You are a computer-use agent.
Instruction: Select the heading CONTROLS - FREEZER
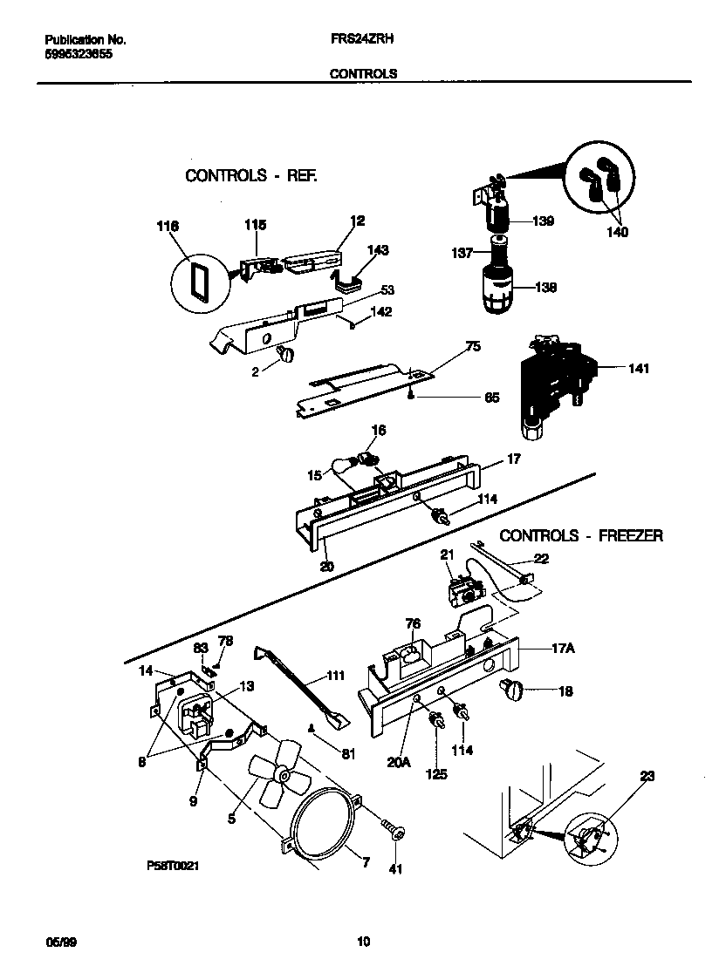580,535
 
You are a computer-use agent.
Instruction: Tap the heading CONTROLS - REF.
251,175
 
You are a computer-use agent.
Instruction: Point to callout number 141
638,369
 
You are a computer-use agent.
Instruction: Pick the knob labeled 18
510,690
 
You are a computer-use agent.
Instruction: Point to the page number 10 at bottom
364,941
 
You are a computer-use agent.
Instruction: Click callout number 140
618,233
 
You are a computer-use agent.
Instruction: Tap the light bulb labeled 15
339,474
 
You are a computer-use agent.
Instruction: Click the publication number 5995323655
78,54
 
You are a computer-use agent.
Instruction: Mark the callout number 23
647,776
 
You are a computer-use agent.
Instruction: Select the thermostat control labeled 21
465,592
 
